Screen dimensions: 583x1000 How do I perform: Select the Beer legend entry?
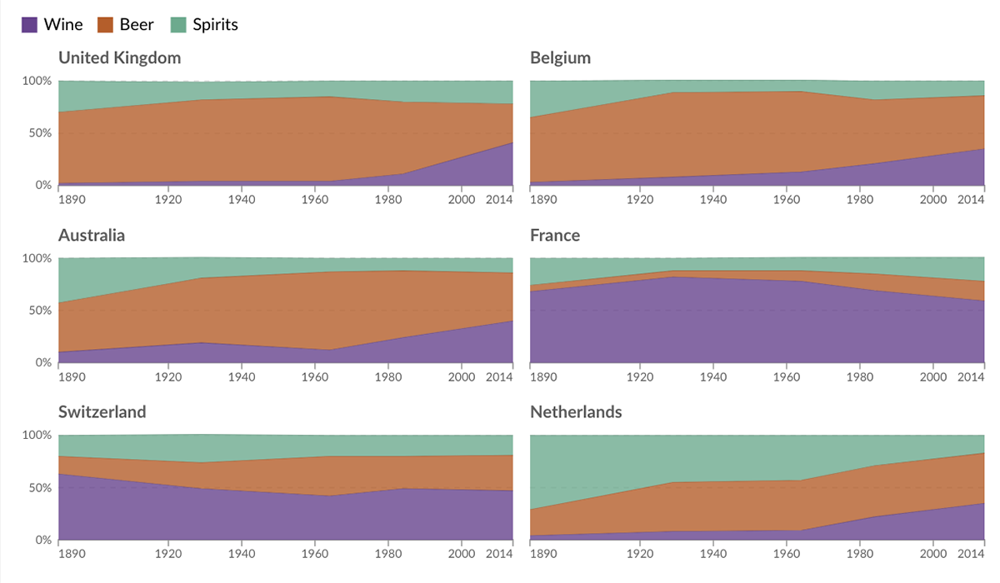point(126,25)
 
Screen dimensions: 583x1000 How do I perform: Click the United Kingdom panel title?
point(119,58)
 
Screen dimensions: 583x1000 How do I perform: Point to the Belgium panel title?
point(560,58)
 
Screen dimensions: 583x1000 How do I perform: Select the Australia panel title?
point(92,236)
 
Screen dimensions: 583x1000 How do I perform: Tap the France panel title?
point(555,236)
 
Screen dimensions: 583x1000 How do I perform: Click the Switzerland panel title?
point(102,412)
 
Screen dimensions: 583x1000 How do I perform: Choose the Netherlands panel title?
point(576,412)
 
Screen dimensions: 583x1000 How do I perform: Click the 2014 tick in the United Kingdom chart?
point(498,200)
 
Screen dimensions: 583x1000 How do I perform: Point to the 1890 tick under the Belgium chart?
point(543,200)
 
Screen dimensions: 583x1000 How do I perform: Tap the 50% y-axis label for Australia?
point(38,311)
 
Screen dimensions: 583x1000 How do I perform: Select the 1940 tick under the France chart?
point(713,377)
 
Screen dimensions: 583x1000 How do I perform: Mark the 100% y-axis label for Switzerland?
point(36,436)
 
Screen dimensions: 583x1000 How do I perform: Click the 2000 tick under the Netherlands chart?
point(933,554)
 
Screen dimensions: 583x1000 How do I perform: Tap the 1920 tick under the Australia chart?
point(168,377)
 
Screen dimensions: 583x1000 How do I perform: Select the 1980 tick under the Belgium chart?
point(860,200)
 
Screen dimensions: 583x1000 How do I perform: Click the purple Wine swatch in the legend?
point(30,25)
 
